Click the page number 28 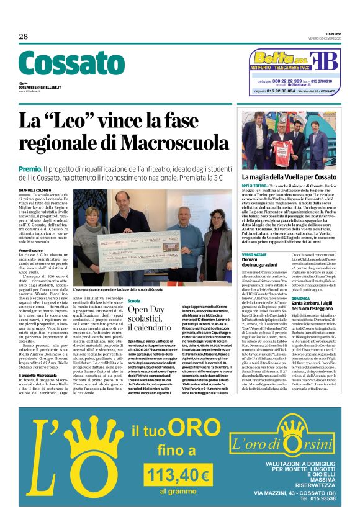click(24, 37)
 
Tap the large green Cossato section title click(71, 64)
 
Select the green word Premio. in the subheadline click(30, 168)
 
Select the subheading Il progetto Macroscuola click(39, 358)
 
